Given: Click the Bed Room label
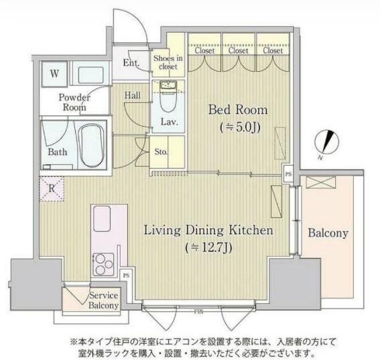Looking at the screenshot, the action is coord(238,110).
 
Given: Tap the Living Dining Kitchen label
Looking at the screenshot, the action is coord(208,231).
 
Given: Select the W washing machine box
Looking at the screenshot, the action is coord(54,74).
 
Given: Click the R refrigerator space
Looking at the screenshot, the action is coord(52,188).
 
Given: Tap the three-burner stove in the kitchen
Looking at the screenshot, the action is coord(103,264).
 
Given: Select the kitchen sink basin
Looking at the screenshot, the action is coord(102,219).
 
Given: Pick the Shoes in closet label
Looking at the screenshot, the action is coord(168,62).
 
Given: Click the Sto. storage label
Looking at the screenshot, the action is coord(161,152).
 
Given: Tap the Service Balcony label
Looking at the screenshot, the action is coord(103,300).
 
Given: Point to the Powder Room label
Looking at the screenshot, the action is coord(74,103).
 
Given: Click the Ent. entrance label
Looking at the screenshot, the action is coord(131,63).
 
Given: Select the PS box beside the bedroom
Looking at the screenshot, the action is coord(288,174).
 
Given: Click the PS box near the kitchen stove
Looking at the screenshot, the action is coord(126,276).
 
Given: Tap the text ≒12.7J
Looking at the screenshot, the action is coord(208,248).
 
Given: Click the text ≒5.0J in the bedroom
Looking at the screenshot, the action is coord(240,127).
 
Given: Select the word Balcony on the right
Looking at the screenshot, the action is coord(328,233).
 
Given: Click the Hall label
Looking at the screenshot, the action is coord(132,95).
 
